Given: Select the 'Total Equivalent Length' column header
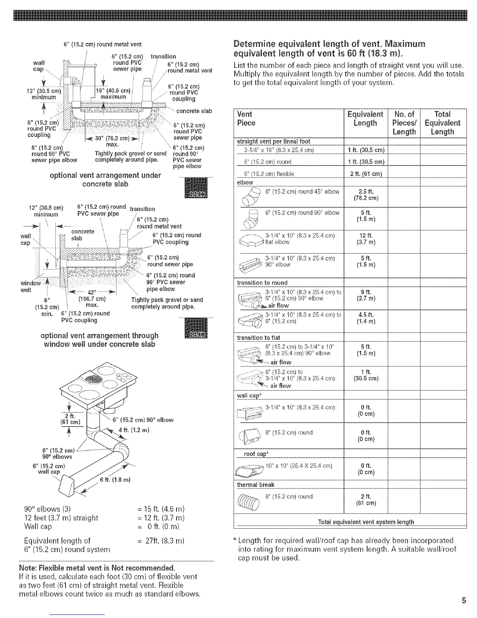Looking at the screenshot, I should pos(442,123).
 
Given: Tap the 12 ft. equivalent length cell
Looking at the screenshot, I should pos(366,239).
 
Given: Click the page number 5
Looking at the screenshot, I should pos(464,600).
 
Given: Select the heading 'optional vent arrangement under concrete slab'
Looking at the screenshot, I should pos(105,179).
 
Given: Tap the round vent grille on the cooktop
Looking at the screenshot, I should pos(94,379).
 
